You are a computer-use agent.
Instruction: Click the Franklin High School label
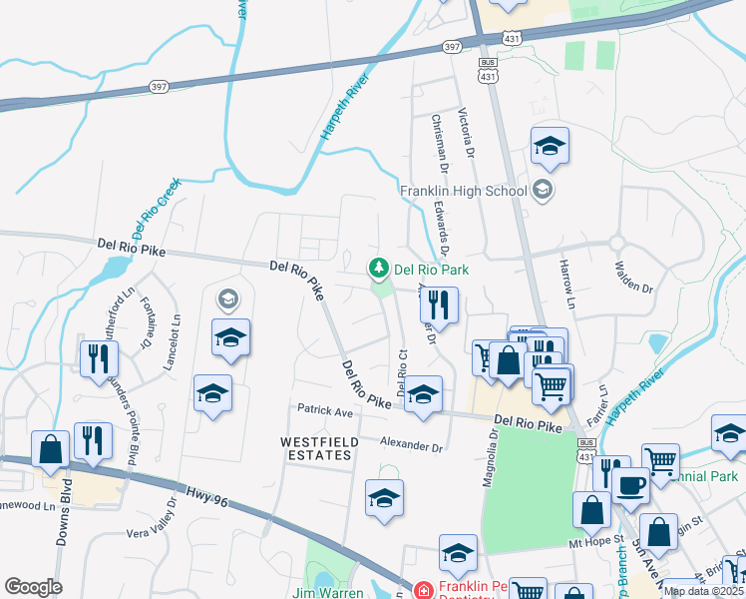[x=463, y=191]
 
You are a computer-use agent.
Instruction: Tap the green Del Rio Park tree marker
[x=379, y=268]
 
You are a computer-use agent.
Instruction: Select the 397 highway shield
[x=453, y=47]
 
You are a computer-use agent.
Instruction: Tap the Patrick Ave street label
[x=325, y=411]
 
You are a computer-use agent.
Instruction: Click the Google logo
[x=33, y=587]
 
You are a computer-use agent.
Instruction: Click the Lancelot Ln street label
[x=177, y=342]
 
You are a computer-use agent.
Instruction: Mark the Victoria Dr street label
[x=465, y=133]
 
